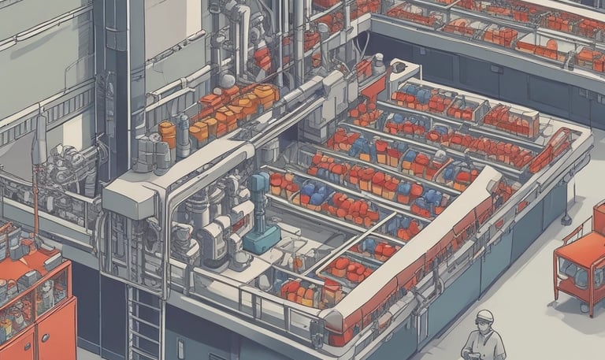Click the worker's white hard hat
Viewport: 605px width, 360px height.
[x=484, y=316]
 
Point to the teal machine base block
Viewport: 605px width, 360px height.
[x=261, y=239]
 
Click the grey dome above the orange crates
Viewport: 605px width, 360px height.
[x=228, y=80]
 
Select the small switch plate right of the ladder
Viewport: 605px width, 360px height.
[x=180, y=347]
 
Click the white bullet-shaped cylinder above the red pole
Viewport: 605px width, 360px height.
[x=39, y=139]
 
